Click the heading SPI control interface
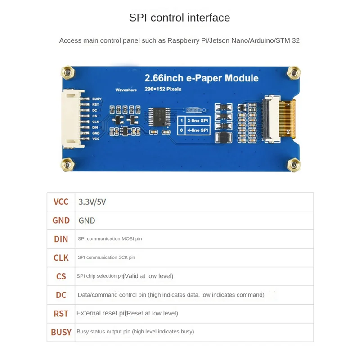tap(180, 18)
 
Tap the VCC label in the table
tap(61, 202)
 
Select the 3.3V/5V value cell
tap(92, 202)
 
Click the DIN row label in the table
tap(61, 239)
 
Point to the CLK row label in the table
tap(61, 257)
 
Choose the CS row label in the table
tap(61, 276)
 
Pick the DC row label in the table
tap(61, 295)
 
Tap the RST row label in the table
tap(61, 313)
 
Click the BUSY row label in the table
tap(61, 332)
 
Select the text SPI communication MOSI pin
tap(110, 239)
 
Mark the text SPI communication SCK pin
tap(106, 257)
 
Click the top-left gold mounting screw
tap(67, 72)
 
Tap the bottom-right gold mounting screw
tap(294, 164)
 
